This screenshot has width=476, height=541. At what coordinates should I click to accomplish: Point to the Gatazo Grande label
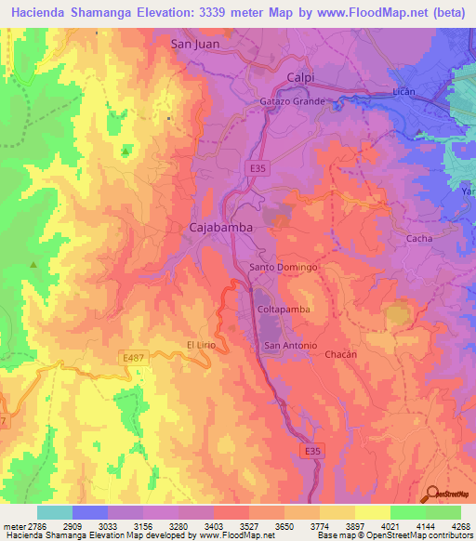coord(292,100)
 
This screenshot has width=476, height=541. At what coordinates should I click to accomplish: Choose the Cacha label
coord(420,239)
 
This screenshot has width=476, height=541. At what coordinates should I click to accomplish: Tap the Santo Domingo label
coord(284,268)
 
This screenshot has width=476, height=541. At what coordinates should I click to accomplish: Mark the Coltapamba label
coord(282,309)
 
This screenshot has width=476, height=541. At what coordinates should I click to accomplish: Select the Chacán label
coord(341,354)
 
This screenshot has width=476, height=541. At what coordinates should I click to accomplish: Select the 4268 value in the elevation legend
coord(462,525)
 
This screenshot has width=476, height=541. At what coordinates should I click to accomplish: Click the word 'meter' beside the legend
coord(11,525)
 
